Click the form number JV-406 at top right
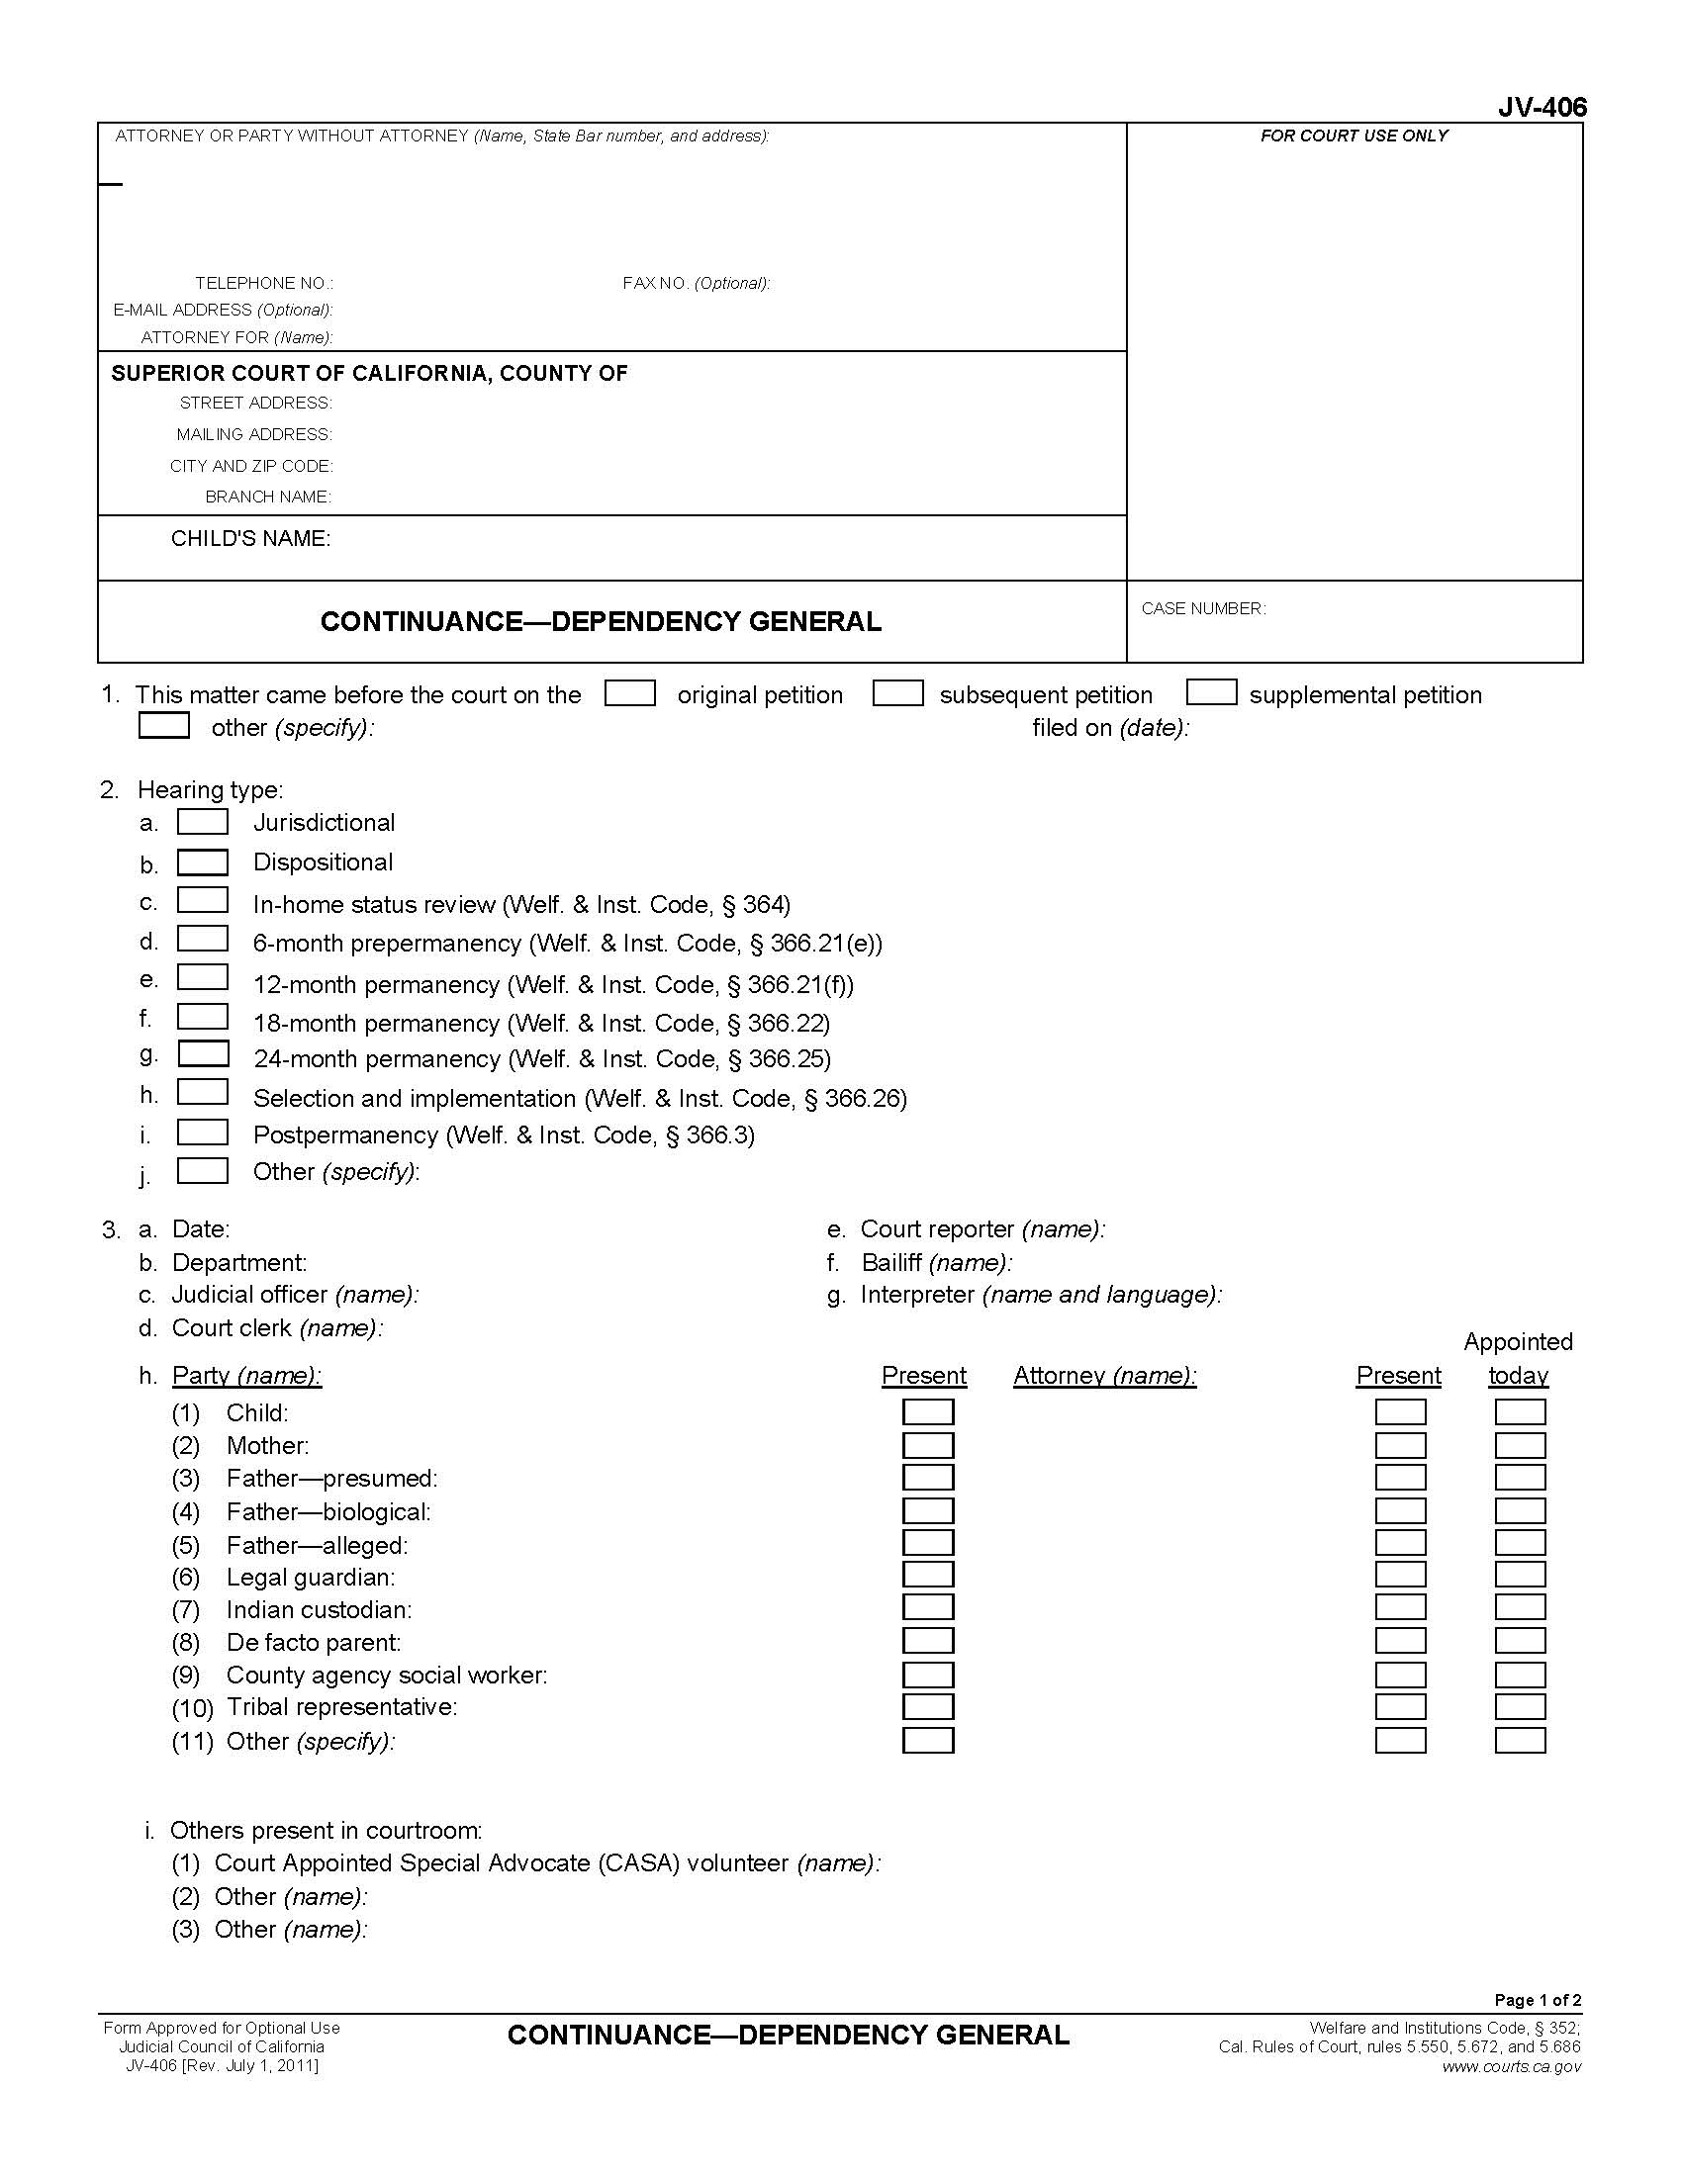pyautogui.click(x=1542, y=108)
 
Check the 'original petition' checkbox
pyautogui.click(x=629, y=692)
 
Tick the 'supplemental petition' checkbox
pyautogui.click(x=1211, y=692)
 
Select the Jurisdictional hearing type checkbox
pyautogui.click(x=202, y=822)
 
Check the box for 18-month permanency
pyautogui.click(x=202, y=1017)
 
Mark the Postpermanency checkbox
pyautogui.click(x=202, y=1133)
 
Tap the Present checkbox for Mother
pyautogui.click(x=928, y=1445)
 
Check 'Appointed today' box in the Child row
pyautogui.click(x=1520, y=1411)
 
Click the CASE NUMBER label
pyautogui.click(x=1203, y=608)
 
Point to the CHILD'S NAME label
pyautogui.click(x=250, y=539)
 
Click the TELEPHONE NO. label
pyautogui.click(x=264, y=283)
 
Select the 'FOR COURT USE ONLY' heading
pyautogui.click(x=1354, y=136)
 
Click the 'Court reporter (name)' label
pyautogui.click(x=981, y=1229)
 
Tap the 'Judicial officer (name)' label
pyautogui.click(x=294, y=1295)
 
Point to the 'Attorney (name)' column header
pyautogui.click(x=1104, y=1376)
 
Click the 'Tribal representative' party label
pyautogui.click(x=340, y=1707)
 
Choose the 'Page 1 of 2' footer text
pyautogui.click(x=1538, y=2000)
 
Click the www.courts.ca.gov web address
pyautogui.click(x=1511, y=2066)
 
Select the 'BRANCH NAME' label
pyautogui.click(x=268, y=497)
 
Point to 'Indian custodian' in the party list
pyautogui.click(x=318, y=1609)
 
